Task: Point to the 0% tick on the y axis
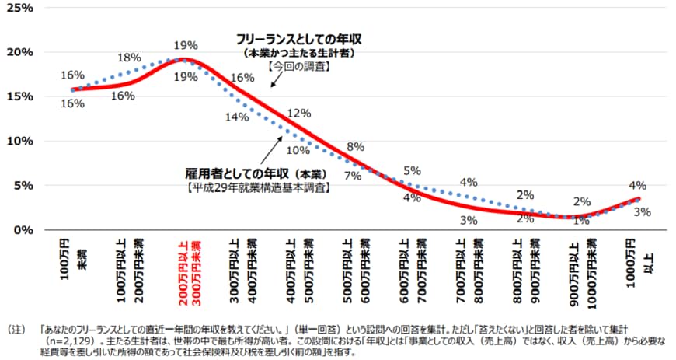21,229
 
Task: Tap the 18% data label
129,58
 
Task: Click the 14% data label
236,117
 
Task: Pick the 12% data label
298,113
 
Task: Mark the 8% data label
355,147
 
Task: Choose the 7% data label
353,176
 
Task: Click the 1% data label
580,220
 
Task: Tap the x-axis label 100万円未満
71,260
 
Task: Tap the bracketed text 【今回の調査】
299,67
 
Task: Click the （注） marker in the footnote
16,330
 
